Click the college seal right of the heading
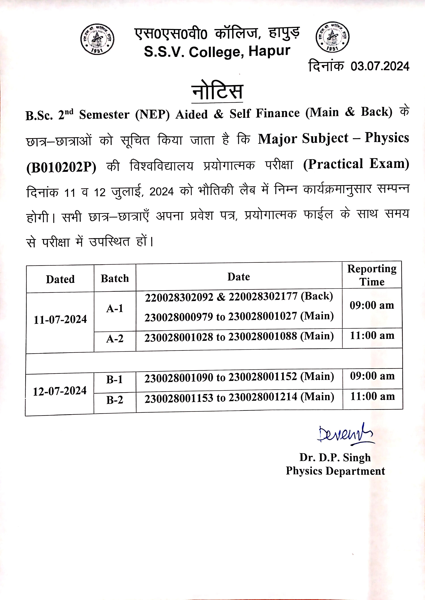click(x=332, y=37)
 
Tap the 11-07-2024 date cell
click(x=60, y=320)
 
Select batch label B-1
click(x=115, y=380)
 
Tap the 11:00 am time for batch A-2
click(x=372, y=336)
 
